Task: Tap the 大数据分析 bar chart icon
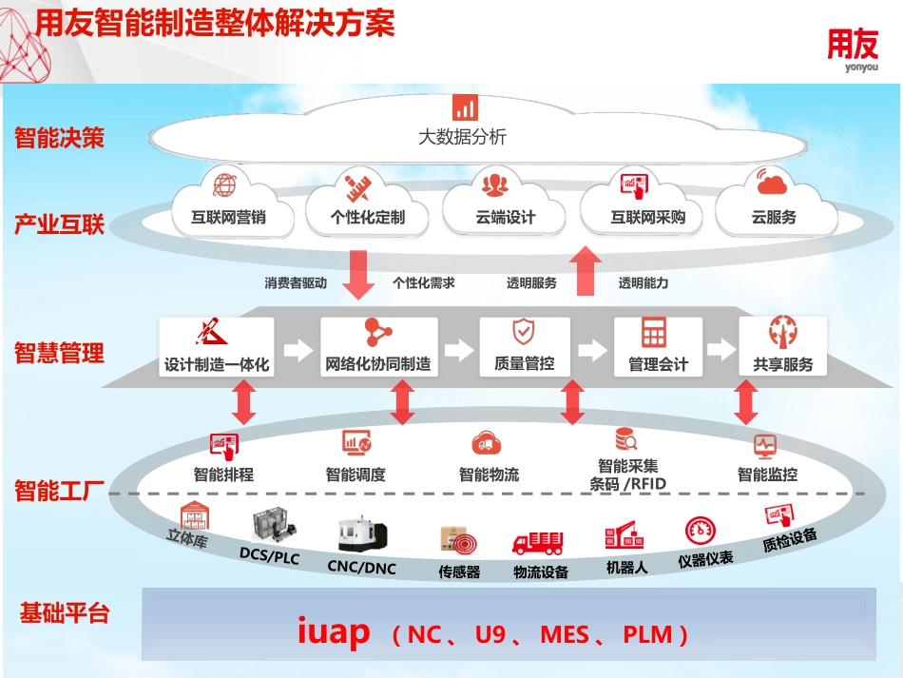[x=464, y=107]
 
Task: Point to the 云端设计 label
[x=506, y=218]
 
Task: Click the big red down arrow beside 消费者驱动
[x=360, y=274]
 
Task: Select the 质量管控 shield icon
[x=523, y=332]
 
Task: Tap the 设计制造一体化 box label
[x=217, y=364]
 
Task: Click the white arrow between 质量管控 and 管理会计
[x=592, y=350]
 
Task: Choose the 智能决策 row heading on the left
[x=59, y=139]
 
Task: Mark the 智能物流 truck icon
[x=486, y=442]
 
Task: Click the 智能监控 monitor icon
[x=765, y=444]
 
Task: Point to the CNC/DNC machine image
[x=361, y=535]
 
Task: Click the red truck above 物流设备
[x=538, y=543]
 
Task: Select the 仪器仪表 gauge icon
[x=701, y=530]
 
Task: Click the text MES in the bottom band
[x=564, y=634]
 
